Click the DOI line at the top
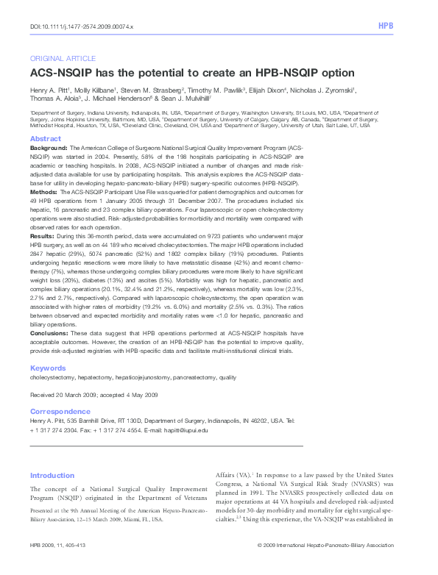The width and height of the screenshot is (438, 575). (x=81, y=26)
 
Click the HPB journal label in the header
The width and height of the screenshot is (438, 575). (x=385, y=26)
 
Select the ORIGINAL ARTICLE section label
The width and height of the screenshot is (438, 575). (x=63, y=58)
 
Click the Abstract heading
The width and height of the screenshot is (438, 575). (x=45, y=139)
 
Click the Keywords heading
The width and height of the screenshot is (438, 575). (x=48, y=368)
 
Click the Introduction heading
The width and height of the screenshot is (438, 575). (x=52, y=476)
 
